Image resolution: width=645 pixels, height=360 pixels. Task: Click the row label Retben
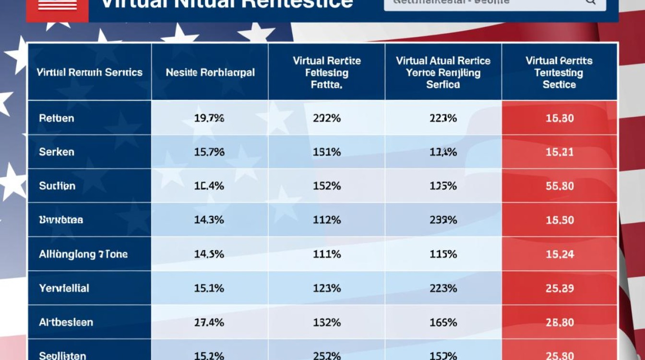click(x=57, y=118)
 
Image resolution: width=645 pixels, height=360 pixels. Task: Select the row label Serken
click(x=57, y=152)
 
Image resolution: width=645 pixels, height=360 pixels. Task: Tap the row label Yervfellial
click(x=64, y=288)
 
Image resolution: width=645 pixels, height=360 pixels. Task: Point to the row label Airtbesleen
click(x=66, y=323)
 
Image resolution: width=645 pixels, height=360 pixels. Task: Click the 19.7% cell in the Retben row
click(x=209, y=118)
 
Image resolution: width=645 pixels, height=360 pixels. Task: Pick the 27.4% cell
click(x=209, y=323)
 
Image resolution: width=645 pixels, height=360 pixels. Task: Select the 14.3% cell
click(x=209, y=220)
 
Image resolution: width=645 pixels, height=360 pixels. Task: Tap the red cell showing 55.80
click(x=560, y=186)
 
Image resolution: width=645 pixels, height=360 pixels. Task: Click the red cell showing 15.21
click(x=560, y=152)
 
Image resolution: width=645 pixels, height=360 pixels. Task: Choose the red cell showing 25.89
click(x=560, y=288)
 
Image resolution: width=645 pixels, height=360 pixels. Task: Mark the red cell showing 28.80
click(x=560, y=323)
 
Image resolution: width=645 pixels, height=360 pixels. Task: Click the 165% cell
click(x=443, y=323)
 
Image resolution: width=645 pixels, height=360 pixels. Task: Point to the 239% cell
click(x=443, y=220)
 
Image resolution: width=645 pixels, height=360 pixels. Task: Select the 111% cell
click(x=327, y=254)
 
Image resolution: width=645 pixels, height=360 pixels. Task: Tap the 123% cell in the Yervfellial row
click(x=327, y=288)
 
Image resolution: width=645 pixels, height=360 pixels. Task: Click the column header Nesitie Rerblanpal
click(x=210, y=73)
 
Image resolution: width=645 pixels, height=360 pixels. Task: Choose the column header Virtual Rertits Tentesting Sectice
click(x=559, y=73)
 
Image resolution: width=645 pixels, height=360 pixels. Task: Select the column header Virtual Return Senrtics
click(x=90, y=73)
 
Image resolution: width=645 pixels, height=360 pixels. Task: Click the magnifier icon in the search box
click(x=590, y=1)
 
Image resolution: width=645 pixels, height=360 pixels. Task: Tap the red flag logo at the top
click(x=58, y=6)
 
